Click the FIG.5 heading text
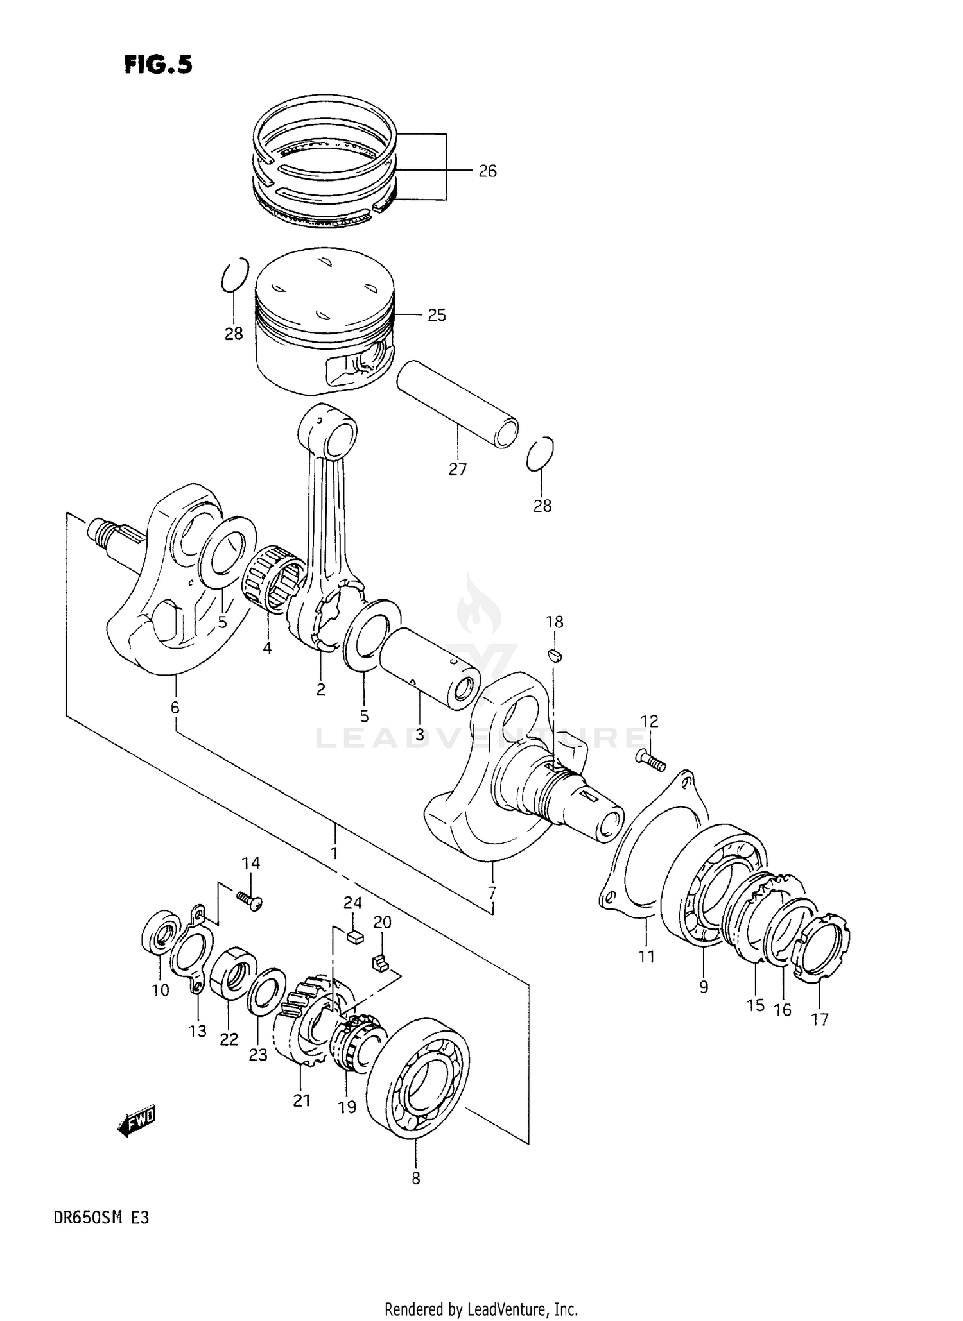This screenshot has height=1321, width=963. click(158, 65)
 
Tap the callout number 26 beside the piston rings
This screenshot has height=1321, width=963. click(487, 171)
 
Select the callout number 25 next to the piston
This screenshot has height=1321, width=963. click(437, 316)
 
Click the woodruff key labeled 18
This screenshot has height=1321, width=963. click(555, 654)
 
